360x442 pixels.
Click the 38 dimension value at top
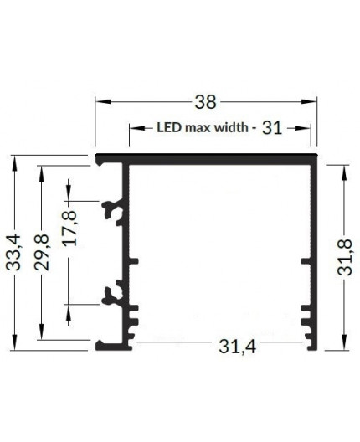click(x=205, y=102)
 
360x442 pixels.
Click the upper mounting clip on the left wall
click(x=112, y=212)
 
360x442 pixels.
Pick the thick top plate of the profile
click(x=206, y=158)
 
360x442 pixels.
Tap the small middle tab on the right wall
click(x=306, y=264)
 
